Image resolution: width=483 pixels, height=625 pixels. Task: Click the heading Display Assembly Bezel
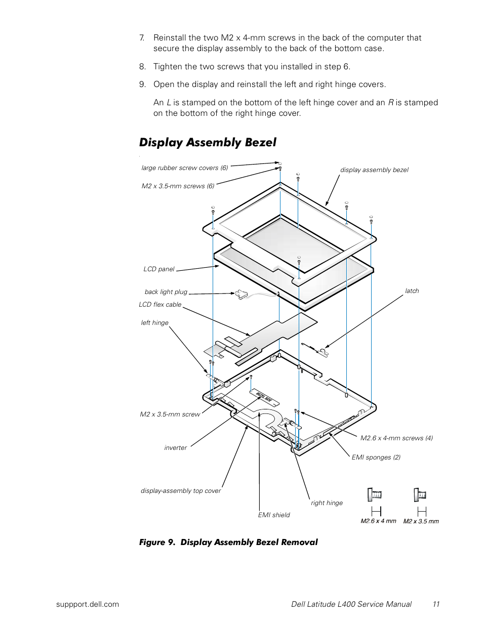click(x=208, y=142)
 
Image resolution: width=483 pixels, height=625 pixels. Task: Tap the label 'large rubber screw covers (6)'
click(x=184, y=168)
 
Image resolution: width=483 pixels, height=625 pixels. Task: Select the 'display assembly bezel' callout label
click(x=374, y=170)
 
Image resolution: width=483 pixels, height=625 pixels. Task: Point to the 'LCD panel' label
click(x=158, y=269)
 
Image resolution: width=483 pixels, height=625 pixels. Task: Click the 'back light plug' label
click(x=166, y=292)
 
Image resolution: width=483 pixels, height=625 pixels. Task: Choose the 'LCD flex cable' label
click(x=160, y=305)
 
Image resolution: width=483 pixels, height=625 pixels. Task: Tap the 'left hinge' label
click(x=154, y=323)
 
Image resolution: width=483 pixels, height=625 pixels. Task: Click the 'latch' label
click(x=412, y=291)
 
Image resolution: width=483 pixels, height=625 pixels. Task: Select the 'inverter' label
click(x=175, y=448)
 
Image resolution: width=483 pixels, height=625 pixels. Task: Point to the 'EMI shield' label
click(x=274, y=515)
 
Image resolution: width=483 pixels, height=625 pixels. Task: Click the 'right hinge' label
click(x=327, y=503)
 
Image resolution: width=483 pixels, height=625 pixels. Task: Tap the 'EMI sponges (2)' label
click(x=376, y=457)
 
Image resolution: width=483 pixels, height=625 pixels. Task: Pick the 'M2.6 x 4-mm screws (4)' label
click(x=396, y=438)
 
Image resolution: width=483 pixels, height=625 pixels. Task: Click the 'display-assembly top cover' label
click(x=181, y=491)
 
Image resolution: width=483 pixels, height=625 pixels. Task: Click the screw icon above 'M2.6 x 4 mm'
click(x=375, y=494)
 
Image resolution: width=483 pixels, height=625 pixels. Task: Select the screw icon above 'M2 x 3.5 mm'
click(x=420, y=494)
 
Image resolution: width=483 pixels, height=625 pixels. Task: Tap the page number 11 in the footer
click(x=436, y=604)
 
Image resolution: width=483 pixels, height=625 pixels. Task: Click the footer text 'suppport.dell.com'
click(x=88, y=604)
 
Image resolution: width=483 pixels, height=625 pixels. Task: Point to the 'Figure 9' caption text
click(x=228, y=542)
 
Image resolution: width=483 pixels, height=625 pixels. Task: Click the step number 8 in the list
click(x=142, y=67)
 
